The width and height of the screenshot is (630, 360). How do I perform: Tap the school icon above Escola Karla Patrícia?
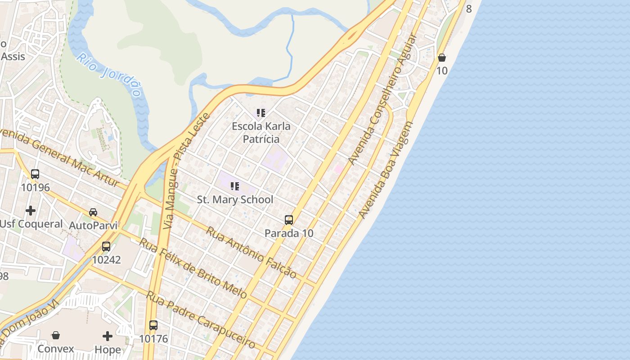(261, 113)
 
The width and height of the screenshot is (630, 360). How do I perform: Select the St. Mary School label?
(235, 199)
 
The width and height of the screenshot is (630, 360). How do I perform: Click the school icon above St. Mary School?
(235, 186)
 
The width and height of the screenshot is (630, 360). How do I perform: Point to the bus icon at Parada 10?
(289, 220)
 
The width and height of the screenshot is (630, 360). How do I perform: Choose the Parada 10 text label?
(289, 233)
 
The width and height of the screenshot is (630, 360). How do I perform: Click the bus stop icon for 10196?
(35, 174)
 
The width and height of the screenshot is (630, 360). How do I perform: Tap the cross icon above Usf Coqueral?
(31, 210)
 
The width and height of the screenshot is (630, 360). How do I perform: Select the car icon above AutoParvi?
(93, 212)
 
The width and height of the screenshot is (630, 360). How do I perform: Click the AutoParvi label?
(93, 225)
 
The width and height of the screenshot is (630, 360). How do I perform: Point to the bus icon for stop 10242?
(106, 247)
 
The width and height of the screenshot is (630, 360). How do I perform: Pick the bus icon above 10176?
(153, 325)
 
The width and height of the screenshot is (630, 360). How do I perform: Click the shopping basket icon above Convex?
(56, 335)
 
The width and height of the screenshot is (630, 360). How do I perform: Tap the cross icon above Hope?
(108, 336)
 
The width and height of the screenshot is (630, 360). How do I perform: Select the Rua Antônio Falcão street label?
(251, 252)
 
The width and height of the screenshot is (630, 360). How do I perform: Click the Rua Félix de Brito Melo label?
(193, 268)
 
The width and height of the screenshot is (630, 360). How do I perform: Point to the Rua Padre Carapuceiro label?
(201, 320)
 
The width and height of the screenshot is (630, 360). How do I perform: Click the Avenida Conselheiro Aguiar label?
(383, 100)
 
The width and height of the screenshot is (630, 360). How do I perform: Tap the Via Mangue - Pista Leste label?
(186, 171)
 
